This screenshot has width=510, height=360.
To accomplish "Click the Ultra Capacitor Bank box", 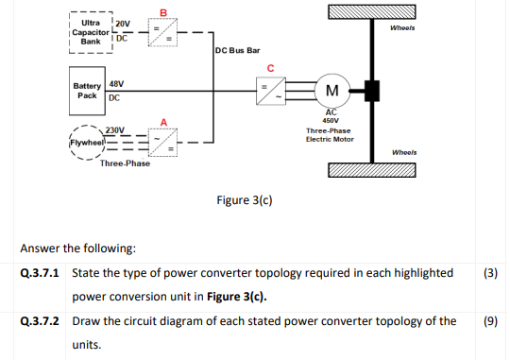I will (x=91, y=34).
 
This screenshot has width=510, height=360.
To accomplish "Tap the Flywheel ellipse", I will (x=83, y=144).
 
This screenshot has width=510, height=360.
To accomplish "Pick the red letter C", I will (x=271, y=66).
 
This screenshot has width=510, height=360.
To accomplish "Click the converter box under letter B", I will (x=161, y=34).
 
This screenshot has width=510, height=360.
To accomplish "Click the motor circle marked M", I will (x=331, y=91).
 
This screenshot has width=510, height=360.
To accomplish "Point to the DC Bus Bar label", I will (x=237, y=49).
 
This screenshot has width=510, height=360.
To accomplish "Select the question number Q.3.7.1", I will (x=41, y=273).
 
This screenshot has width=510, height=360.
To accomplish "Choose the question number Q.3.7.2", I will (x=41, y=320).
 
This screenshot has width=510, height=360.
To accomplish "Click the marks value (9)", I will (x=489, y=320).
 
